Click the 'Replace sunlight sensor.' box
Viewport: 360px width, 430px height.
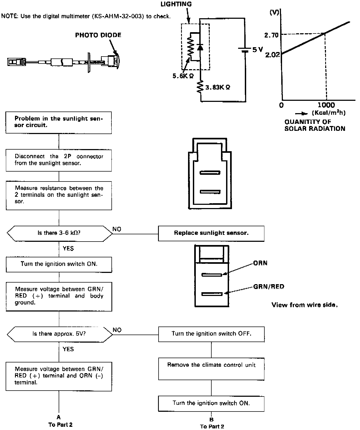[x=211, y=233]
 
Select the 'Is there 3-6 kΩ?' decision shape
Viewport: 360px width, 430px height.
[x=59, y=233]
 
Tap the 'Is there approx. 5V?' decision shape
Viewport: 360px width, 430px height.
[x=59, y=334]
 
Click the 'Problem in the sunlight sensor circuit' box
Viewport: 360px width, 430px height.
[x=59, y=123]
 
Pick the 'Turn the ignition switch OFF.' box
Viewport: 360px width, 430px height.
[x=211, y=334]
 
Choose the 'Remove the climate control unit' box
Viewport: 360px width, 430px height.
[x=211, y=369]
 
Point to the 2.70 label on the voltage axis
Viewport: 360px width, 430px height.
[x=272, y=35]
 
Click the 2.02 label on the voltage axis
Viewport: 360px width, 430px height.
[x=272, y=55]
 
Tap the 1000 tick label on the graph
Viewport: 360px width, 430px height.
[x=326, y=105]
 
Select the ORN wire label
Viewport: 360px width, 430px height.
[x=260, y=263]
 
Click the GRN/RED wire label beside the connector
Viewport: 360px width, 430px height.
[x=269, y=287]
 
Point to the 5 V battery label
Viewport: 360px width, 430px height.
[x=257, y=50]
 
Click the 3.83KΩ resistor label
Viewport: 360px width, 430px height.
[x=217, y=87]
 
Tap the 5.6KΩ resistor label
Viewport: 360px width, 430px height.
[x=183, y=76]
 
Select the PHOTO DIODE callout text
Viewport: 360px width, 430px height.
[x=98, y=35]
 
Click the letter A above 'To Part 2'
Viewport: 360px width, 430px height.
[x=59, y=417]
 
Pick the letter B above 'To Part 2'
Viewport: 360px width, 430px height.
[x=212, y=420]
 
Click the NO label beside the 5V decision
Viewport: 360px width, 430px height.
[x=117, y=330]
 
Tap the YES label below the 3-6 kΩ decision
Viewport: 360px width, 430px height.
[x=68, y=249]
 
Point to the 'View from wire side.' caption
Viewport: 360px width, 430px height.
[x=305, y=305]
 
